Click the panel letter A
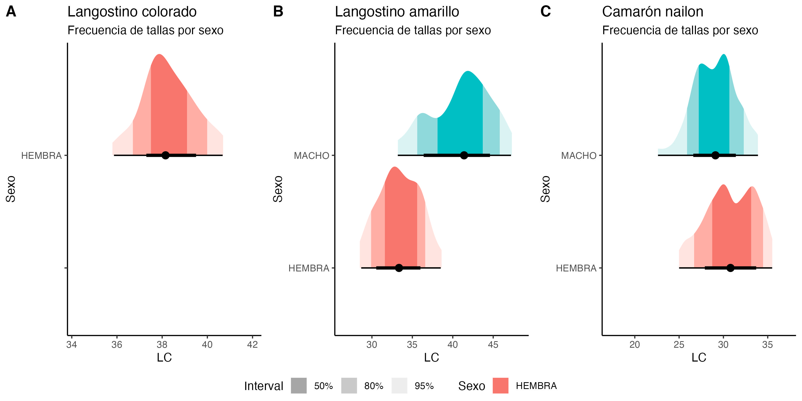coord(11,12)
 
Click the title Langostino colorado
coord(132,12)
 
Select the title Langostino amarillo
coord(397,12)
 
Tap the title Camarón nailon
coord(653,12)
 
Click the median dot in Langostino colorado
coord(165,155)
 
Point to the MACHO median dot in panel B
coord(464,155)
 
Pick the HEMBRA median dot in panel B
coord(399,268)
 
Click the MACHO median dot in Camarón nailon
coord(716,155)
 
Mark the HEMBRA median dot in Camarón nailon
coord(730,268)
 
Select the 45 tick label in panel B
coord(493,345)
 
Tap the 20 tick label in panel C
coord(635,345)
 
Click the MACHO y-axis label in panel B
coord(311,155)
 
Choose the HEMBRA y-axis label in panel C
coord(576,268)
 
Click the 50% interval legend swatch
coord(299,386)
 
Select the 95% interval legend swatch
coord(399,386)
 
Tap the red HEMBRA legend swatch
coord(500,386)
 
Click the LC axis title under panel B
coord(432,357)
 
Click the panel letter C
coord(545,12)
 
